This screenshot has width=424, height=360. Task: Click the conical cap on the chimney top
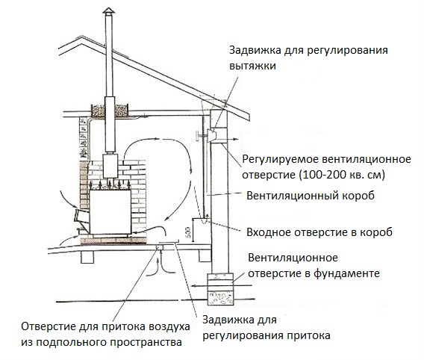click(109, 10)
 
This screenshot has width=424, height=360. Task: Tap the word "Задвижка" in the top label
click(255, 50)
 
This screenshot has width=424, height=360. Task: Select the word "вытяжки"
click(252, 66)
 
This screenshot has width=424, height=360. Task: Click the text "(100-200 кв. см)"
click(342, 175)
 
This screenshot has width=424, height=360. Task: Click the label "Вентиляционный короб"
click(311, 196)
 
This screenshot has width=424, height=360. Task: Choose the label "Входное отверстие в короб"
click(319, 232)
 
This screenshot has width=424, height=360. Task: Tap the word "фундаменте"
click(346, 273)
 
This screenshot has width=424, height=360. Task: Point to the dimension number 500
click(188, 232)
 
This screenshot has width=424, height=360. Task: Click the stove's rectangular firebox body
click(110, 212)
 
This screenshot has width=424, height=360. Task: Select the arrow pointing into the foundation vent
click(221, 285)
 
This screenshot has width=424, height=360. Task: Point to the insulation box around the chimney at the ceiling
click(110, 111)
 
